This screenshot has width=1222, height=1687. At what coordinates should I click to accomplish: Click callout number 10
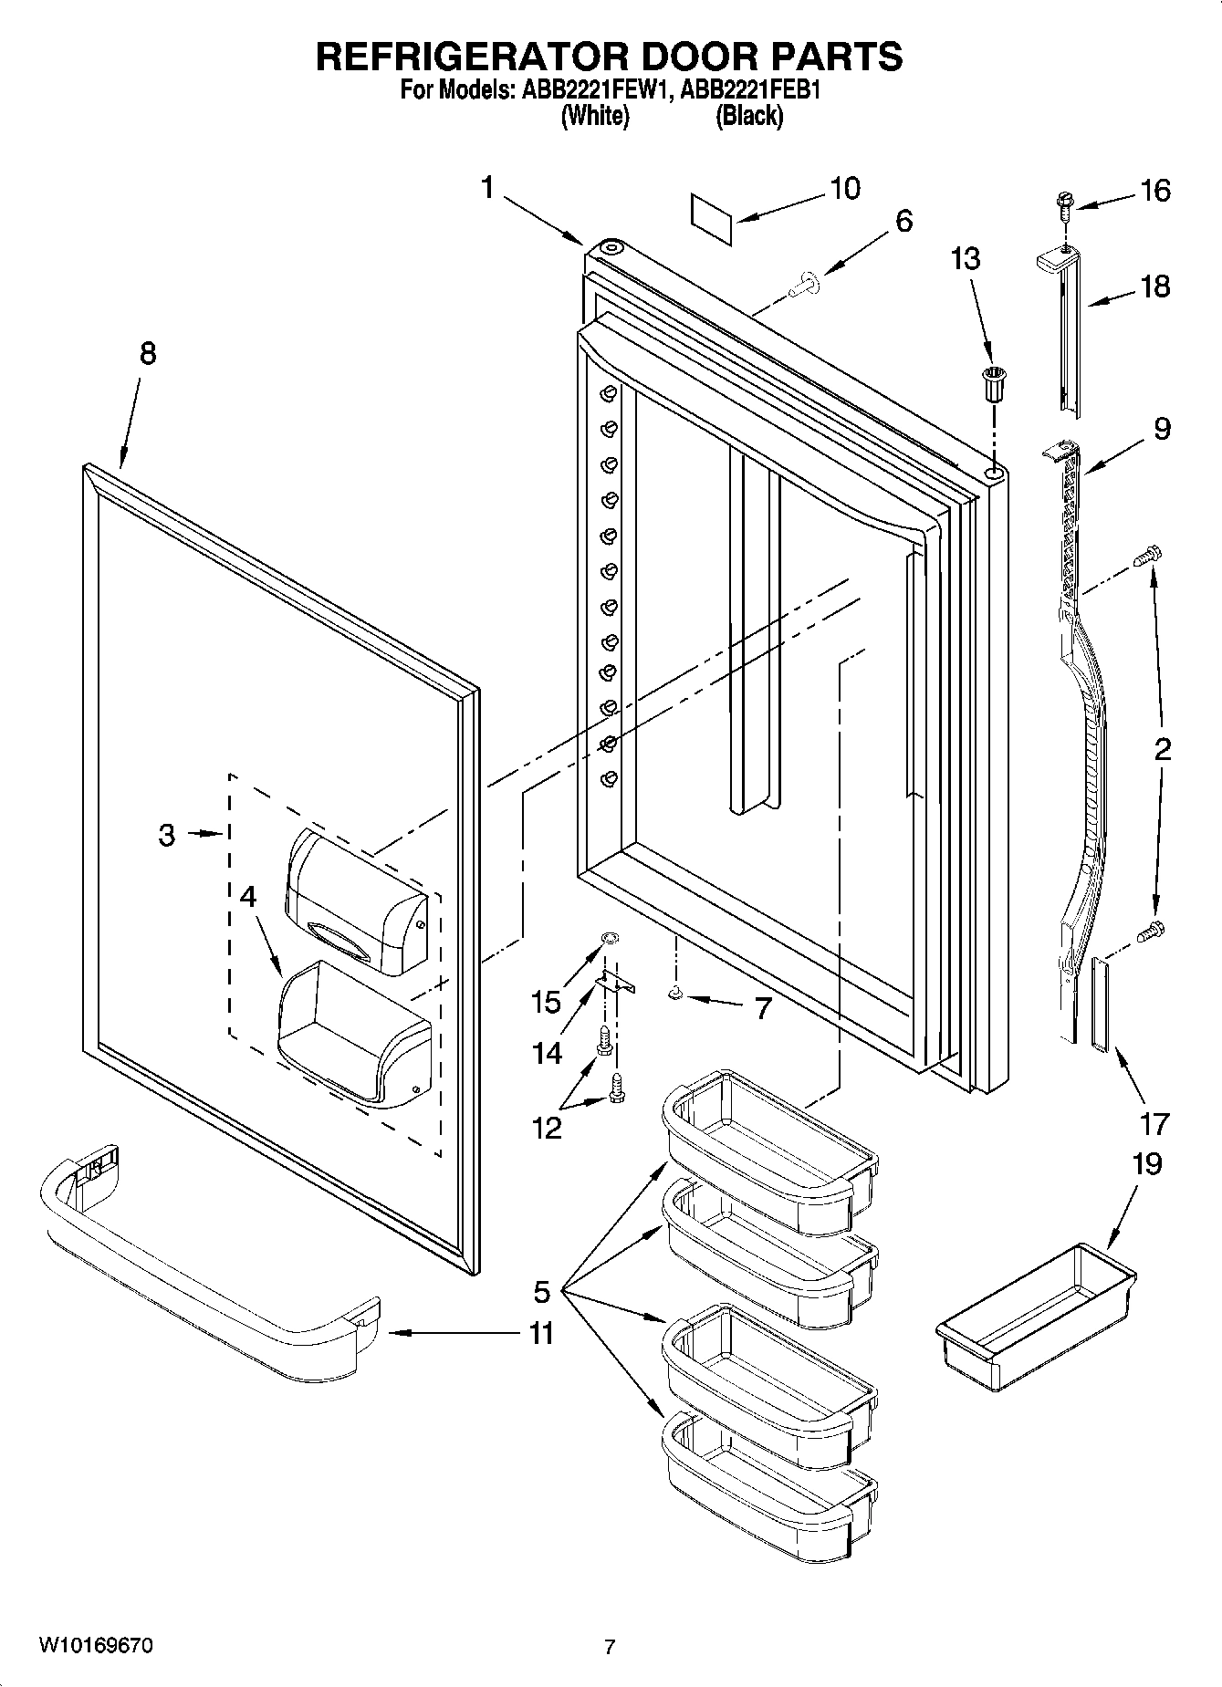tap(844, 189)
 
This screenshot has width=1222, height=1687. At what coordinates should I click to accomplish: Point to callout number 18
tap(1154, 286)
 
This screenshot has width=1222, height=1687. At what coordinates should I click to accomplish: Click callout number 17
tap(1154, 1123)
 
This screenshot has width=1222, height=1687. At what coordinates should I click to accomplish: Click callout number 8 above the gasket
tap(147, 353)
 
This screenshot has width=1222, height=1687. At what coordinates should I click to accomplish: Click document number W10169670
tap(95, 1646)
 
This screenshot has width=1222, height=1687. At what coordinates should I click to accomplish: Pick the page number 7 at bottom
tap(610, 1647)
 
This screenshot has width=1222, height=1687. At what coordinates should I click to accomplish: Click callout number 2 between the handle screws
tap(1162, 750)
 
